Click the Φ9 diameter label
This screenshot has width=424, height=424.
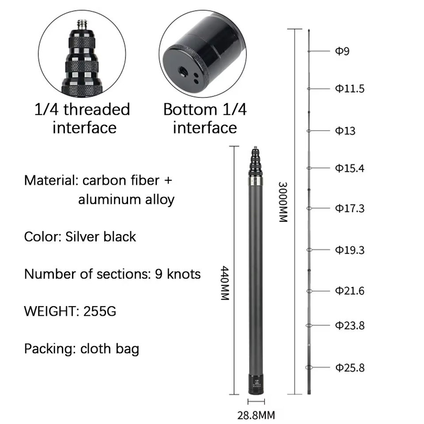click(342, 51)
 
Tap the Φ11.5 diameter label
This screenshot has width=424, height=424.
click(350, 88)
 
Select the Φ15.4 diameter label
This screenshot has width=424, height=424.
click(350, 168)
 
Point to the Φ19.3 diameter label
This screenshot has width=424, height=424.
click(350, 250)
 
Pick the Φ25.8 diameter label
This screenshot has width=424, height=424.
click(350, 368)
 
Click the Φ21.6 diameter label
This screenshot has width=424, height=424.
click(350, 291)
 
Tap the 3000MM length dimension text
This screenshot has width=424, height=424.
click(283, 202)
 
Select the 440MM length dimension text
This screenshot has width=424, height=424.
click(225, 283)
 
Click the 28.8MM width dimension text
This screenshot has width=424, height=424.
click(256, 415)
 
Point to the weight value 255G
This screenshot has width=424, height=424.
click(100, 311)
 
